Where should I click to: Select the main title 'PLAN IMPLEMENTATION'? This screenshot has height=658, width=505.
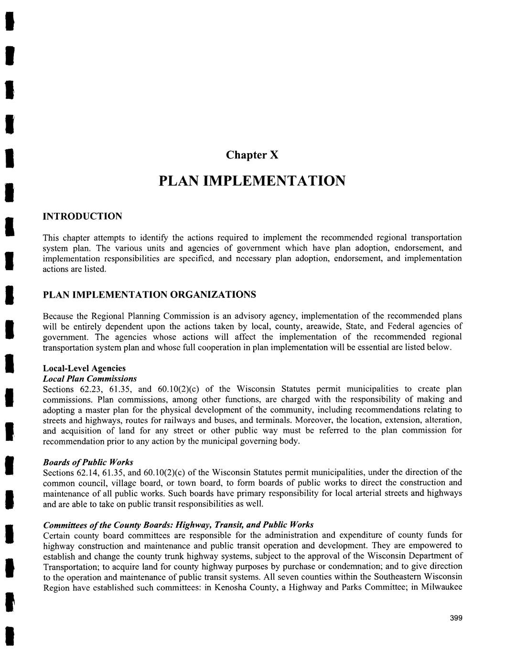(x=251, y=181)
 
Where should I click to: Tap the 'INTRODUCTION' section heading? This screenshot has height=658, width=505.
(x=83, y=216)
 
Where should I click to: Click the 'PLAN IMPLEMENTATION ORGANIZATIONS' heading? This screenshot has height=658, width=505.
(x=150, y=294)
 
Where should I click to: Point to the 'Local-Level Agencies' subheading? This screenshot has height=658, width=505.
(x=85, y=368)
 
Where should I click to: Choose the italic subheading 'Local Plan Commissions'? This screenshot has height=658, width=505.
(x=90, y=379)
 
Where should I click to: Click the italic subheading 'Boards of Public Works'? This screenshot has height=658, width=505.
(x=88, y=462)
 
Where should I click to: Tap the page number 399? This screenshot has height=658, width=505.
(x=456, y=618)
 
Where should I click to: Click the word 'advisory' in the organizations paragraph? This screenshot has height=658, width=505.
(x=265, y=316)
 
